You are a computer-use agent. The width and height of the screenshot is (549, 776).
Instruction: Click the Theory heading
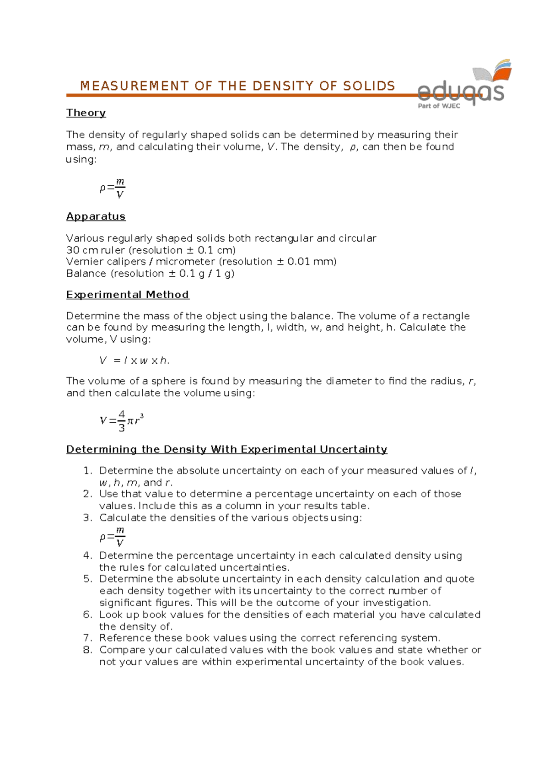click(86, 113)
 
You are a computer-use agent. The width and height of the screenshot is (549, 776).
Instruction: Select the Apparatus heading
click(96, 216)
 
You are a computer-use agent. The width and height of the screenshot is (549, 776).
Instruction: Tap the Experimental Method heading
click(128, 294)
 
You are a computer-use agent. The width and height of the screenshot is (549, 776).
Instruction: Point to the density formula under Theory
click(113, 188)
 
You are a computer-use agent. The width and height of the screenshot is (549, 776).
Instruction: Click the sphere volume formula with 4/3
click(122, 420)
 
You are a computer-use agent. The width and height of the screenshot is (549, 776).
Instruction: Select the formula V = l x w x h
click(134, 361)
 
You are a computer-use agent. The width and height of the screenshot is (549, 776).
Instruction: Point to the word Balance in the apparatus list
click(86, 273)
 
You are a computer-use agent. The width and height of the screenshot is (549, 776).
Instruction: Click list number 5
click(88, 579)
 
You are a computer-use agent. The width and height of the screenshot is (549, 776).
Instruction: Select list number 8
click(88, 650)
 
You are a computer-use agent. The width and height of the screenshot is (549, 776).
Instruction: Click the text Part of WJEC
click(439, 106)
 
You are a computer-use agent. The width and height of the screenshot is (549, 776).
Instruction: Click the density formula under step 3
click(113, 536)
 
